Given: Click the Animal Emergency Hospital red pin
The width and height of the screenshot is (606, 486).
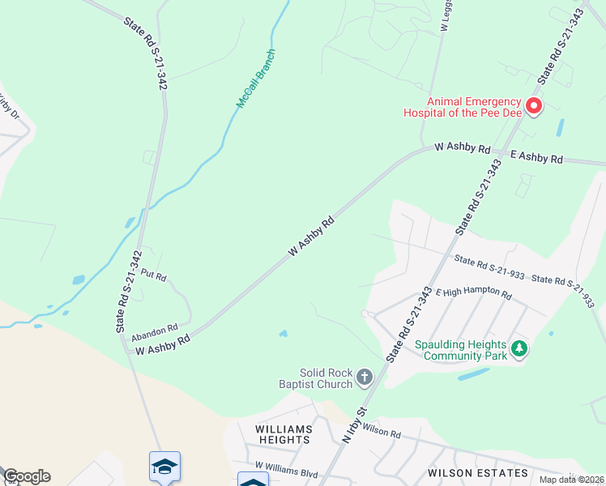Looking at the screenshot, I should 534,105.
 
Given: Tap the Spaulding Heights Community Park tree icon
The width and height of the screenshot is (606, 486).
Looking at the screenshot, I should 519,350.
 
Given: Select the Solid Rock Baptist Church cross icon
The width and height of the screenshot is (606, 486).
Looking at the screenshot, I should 365,377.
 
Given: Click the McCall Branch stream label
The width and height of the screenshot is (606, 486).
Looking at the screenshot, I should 256,79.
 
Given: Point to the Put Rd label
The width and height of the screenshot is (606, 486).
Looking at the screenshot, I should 153,276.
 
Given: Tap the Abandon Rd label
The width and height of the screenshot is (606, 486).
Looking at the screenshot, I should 154,331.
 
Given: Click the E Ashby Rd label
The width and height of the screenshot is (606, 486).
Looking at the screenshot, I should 536,157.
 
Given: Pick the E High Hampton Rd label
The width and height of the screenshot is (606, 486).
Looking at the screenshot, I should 474,294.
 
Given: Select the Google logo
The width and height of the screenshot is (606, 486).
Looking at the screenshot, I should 26,476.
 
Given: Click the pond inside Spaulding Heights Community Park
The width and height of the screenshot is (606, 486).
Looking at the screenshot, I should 473,375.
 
